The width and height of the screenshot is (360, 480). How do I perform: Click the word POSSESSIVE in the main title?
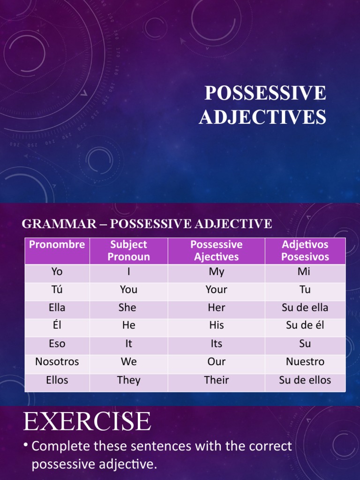(265, 93)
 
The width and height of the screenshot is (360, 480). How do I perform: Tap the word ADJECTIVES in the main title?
(262, 117)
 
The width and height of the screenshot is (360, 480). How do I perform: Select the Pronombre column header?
(57, 245)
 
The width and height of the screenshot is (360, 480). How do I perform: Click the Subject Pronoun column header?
(128, 251)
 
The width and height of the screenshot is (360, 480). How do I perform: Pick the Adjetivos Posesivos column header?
(305, 251)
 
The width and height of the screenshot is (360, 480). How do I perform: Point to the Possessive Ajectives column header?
(216, 251)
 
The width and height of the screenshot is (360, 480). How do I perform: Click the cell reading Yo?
(57, 272)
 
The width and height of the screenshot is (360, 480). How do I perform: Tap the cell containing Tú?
(57, 290)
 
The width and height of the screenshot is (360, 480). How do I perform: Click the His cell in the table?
(216, 325)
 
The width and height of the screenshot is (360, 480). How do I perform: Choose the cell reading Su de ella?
(305, 308)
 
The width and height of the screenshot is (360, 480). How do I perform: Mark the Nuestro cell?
(305, 362)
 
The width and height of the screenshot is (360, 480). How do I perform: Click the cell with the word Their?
(216, 380)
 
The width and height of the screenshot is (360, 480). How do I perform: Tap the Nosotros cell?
(57, 362)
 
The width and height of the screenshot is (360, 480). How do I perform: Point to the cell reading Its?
(216, 344)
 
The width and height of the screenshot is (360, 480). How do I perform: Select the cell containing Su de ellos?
(305, 380)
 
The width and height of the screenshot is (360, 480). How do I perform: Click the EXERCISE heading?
(87, 421)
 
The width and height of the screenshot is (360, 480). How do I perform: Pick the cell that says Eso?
(57, 344)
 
